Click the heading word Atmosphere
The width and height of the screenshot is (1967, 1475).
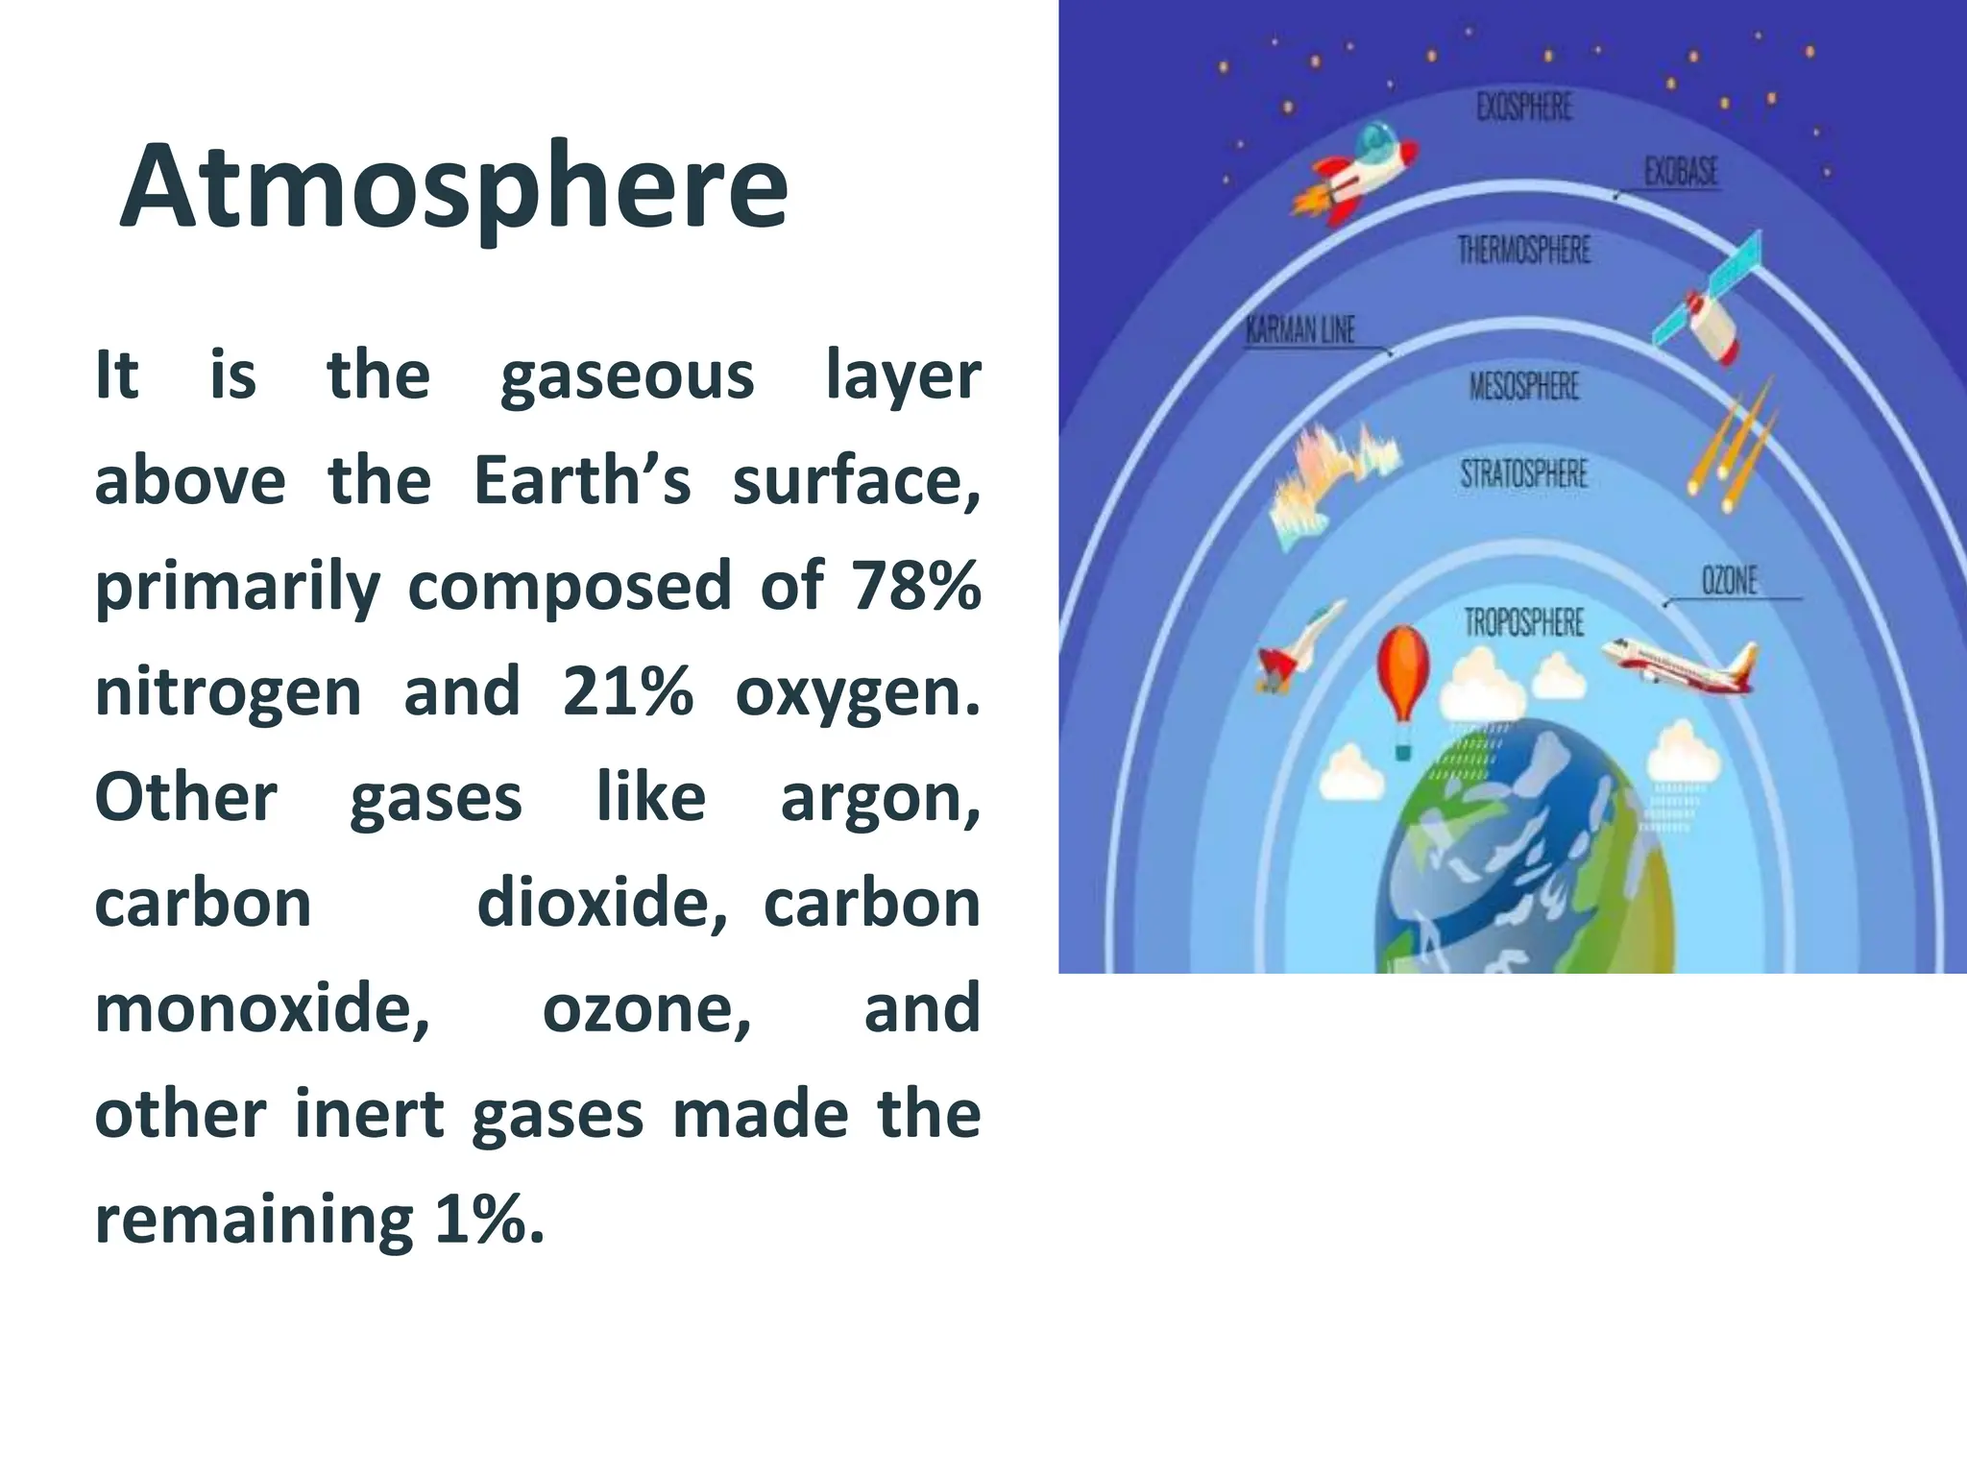[453, 187]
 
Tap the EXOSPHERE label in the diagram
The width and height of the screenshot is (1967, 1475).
[1524, 107]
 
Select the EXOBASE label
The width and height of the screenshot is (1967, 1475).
[1681, 172]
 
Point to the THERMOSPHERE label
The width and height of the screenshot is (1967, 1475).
[1524, 251]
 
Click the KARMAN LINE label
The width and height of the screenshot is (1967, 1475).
[1300, 330]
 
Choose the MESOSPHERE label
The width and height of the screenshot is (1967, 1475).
[1524, 386]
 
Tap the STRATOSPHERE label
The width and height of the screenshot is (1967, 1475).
[1524, 473]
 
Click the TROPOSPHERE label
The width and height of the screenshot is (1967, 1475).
[1524, 622]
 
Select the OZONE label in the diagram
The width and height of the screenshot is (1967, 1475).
[1729, 581]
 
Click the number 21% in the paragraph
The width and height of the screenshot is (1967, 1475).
[627, 690]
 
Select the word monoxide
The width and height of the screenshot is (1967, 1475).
[261, 1009]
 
